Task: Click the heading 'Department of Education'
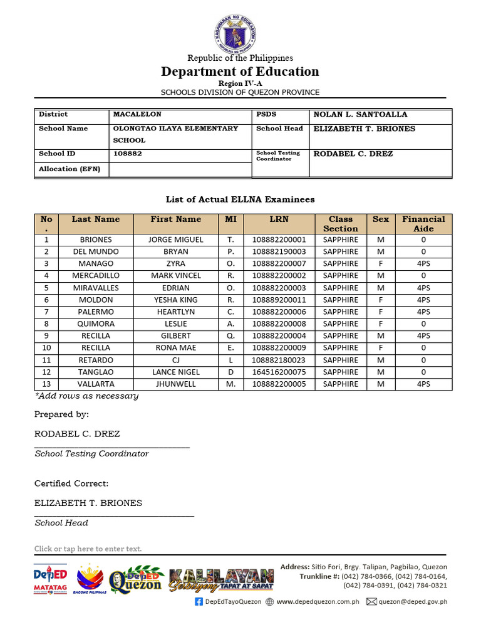coord(240,71)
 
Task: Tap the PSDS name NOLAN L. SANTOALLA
coord(360,115)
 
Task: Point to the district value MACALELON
coord(137,115)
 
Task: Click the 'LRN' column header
coord(279,219)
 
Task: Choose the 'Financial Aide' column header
coord(423,224)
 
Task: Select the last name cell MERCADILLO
coord(96,275)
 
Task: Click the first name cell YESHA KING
coord(176,300)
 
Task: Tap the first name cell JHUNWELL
coord(176,384)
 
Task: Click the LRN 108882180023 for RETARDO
coord(279,360)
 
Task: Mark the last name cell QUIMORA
coord(96,324)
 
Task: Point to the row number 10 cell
coord(46,347)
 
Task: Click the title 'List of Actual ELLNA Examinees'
coord(240,199)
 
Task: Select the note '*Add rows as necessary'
coord(86,396)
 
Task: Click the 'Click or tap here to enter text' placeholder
coord(88,549)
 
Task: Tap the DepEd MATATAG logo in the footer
coord(50,578)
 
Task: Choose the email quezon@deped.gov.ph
coord(413,602)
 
